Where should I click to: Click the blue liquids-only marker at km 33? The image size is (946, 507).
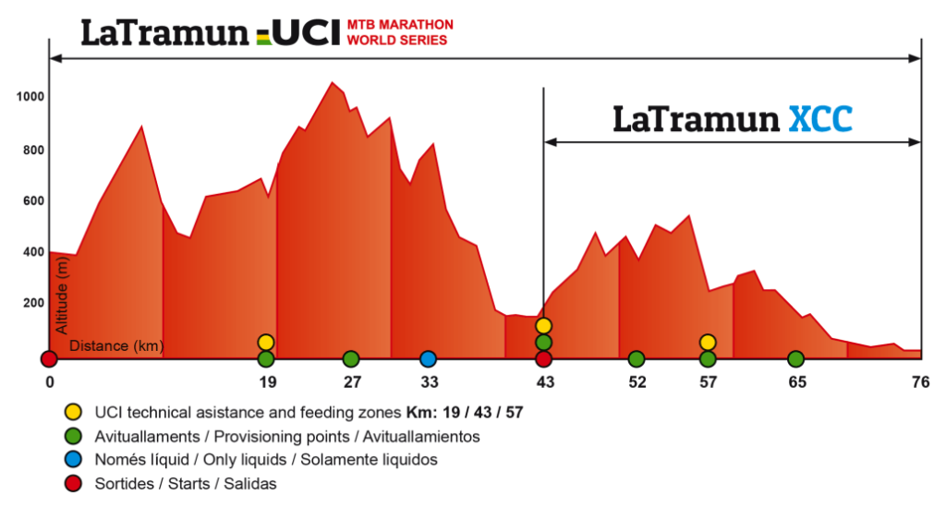[428, 358]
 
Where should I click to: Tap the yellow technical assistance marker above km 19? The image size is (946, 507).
[266, 343]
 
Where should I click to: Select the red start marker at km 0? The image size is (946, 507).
[49, 358]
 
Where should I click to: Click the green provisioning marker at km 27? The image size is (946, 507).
[350, 358]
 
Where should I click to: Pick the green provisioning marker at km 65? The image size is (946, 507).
[795, 358]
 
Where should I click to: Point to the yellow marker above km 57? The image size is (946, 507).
[708, 343]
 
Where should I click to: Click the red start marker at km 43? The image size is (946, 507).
[543, 358]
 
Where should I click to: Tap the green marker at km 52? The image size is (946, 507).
[636, 358]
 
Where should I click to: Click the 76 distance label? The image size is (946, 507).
[919, 382]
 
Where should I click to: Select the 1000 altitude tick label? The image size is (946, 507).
[30, 97]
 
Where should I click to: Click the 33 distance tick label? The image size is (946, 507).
[428, 382]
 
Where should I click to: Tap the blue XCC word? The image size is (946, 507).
[820, 119]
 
